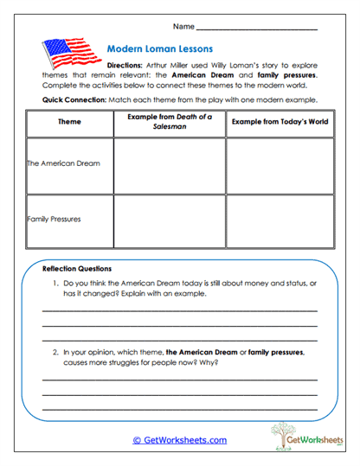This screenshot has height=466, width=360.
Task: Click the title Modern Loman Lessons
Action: tap(159, 49)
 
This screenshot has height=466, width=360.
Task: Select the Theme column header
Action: tap(69, 123)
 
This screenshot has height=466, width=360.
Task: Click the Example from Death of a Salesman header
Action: tap(169, 122)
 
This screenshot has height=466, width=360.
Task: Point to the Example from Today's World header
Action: tap(280, 122)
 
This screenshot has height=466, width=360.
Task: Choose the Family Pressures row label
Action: tap(55, 219)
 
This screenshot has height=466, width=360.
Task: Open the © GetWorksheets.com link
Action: tap(179, 439)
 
